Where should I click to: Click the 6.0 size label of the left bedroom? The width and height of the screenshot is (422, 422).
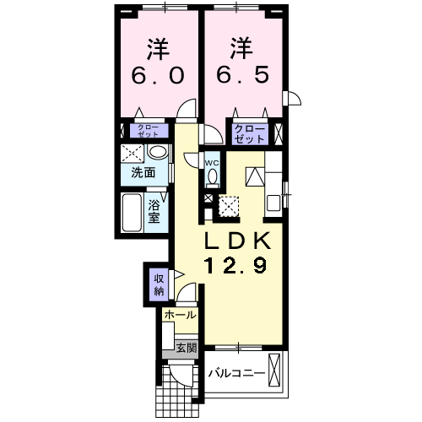pos(157,75)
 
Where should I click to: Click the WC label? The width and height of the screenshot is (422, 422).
pos(212,163)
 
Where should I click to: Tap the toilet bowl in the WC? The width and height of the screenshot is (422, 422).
pos(212,176)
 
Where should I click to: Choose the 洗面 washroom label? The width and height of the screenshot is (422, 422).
pos(143,173)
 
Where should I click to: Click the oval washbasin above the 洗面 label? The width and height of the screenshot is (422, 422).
pos(156,152)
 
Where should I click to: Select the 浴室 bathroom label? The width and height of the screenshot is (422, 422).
pos(155,211)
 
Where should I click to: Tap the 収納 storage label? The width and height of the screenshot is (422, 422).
pos(158,285)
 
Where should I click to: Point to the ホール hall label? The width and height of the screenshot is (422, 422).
pos(179,315)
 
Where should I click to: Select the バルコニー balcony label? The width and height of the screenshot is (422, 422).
pos(236,373)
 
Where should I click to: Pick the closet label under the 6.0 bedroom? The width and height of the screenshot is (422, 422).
pos(147,131)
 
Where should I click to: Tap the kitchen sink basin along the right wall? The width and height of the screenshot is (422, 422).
pos(273,202)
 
